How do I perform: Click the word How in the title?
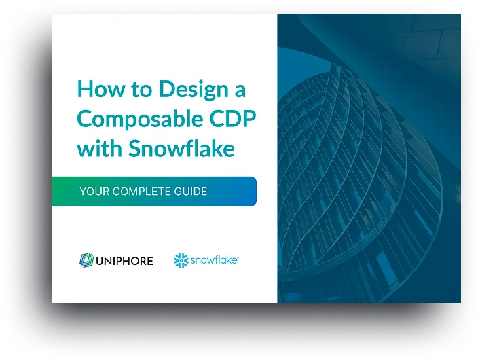pyautogui.click(x=96, y=89)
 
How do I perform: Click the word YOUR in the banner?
pyautogui.click(x=94, y=192)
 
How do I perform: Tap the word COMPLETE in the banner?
pyautogui.click(x=143, y=192)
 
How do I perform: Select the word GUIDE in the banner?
pyautogui.click(x=190, y=192)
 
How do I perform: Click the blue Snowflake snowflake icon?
pyautogui.click(x=181, y=259)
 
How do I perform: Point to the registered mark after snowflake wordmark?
pyautogui.click(x=237, y=257)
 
